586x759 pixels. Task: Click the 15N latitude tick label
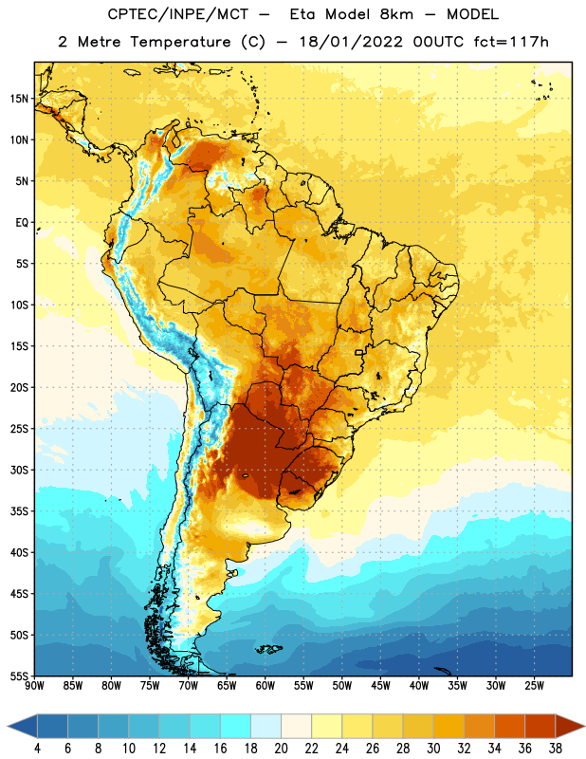tap(19, 99)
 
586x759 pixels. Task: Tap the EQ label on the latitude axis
tap(22, 223)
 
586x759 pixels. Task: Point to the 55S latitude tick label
tap(19, 676)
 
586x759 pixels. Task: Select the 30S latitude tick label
tap(19, 470)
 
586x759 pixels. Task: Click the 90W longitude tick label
tap(34, 686)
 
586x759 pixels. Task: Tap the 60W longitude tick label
tap(266, 686)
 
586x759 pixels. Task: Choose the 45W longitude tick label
tap(380, 686)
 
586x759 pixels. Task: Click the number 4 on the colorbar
tap(37, 749)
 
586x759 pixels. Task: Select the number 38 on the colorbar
tap(555, 749)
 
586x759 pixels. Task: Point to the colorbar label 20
tap(281, 749)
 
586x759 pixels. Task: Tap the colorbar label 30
tap(433, 749)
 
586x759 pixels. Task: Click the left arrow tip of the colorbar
tap(8, 727)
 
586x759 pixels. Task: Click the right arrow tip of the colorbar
tap(585, 727)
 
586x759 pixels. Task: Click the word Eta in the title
tap(302, 14)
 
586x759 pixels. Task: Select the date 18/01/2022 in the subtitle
tap(351, 42)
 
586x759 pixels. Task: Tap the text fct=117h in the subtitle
tap(511, 42)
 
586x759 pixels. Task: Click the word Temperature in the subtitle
tap(180, 42)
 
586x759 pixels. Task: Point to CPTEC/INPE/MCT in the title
tap(178, 14)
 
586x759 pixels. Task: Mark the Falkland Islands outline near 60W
tap(268, 649)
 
